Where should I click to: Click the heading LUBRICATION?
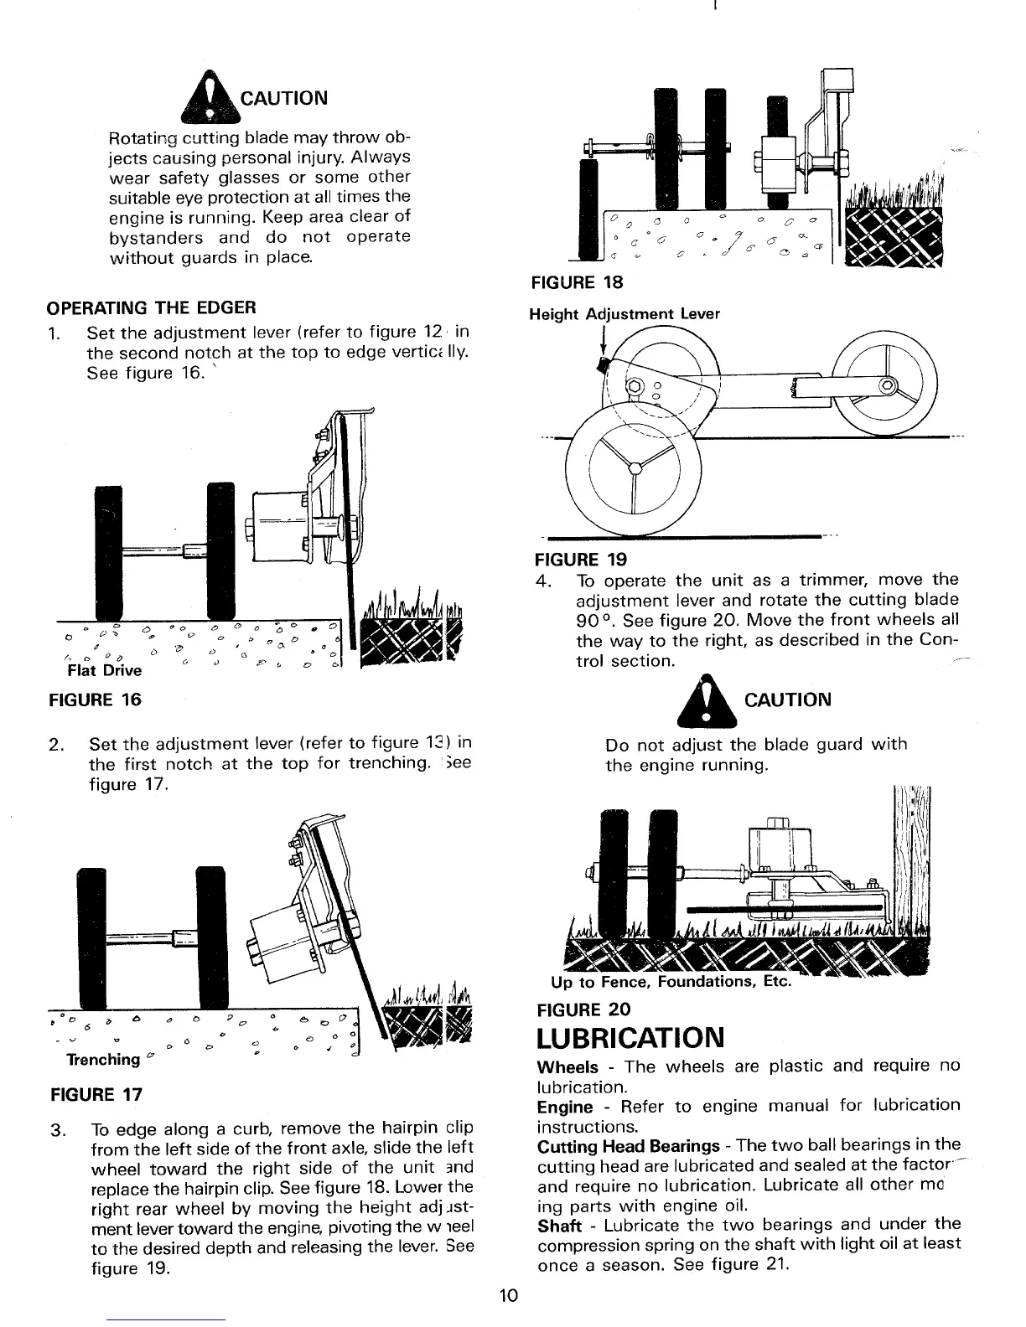[x=630, y=1037]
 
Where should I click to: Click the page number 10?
[x=509, y=1296]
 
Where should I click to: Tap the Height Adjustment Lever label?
[x=624, y=314]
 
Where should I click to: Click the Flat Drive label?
[x=104, y=670]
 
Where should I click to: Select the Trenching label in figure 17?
[x=103, y=1060]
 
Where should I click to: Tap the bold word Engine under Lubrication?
[x=564, y=1106]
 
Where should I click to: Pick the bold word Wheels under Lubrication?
[x=567, y=1067]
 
